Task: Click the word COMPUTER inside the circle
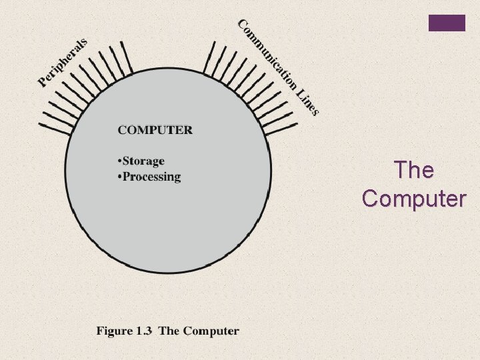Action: (x=155, y=130)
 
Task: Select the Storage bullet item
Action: (x=142, y=161)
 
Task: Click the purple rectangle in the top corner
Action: (x=447, y=22)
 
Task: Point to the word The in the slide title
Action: (x=413, y=170)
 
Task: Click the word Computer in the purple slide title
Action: (x=413, y=198)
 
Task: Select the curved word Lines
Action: (x=307, y=101)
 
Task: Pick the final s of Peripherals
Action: (x=83, y=43)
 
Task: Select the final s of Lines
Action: (x=315, y=112)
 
